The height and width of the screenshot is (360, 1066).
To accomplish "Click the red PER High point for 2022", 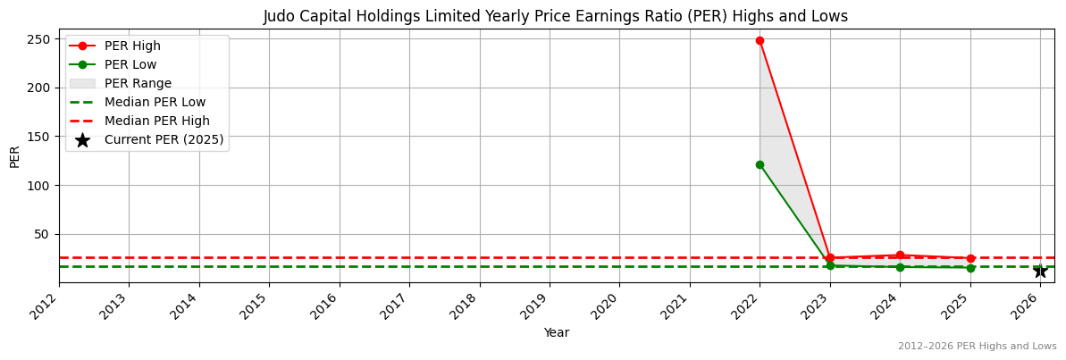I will (x=760, y=40).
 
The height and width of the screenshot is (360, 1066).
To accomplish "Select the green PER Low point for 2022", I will (x=760, y=164).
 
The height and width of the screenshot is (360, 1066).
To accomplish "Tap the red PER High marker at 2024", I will (x=900, y=255).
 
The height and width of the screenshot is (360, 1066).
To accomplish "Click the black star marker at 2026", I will (x=1040, y=271).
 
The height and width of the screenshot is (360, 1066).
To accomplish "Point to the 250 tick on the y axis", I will (x=42, y=39).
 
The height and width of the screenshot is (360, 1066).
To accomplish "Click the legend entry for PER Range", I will (x=138, y=83).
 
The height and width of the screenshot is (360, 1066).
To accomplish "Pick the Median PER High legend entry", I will (x=156, y=121).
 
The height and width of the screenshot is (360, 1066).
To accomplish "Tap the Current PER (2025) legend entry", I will (x=164, y=139).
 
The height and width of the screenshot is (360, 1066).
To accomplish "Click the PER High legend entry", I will (x=132, y=46).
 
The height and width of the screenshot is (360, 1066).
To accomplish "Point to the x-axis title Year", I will (x=557, y=332).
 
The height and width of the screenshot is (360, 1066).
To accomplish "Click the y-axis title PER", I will (x=14, y=156).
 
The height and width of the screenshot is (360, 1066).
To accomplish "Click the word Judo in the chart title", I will (x=279, y=16).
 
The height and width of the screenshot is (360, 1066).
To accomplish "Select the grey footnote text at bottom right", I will (x=977, y=346).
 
